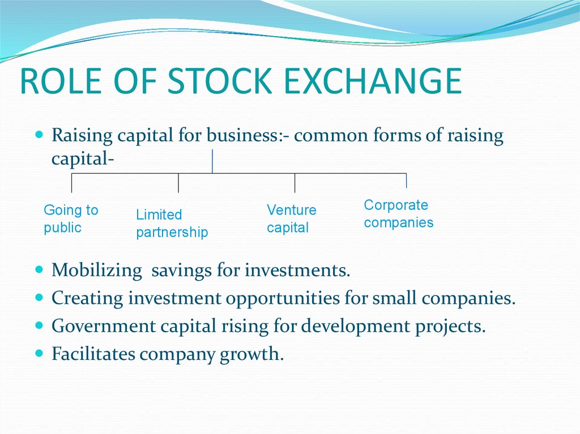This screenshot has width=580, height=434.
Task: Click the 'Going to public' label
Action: click(x=71, y=219)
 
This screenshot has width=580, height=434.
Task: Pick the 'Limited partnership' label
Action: click(x=172, y=224)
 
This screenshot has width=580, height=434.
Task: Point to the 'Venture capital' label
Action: click(x=292, y=219)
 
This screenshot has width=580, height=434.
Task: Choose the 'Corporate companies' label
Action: click(x=398, y=214)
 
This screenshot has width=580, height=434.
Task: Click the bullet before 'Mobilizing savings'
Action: click(x=39, y=269)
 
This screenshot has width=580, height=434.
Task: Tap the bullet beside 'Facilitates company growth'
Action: click(x=39, y=353)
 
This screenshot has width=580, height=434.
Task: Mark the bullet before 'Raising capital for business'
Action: click(x=39, y=134)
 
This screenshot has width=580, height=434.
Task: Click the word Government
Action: click(x=104, y=326)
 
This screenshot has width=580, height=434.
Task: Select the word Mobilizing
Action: click(x=96, y=270)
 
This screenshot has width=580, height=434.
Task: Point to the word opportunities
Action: click(x=282, y=299)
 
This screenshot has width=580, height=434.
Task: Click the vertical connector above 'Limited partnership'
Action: click(x=178, y=183)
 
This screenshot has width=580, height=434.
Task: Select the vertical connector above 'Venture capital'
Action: click(x=295, y=183)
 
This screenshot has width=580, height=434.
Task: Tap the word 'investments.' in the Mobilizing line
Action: click(x=297, y=270)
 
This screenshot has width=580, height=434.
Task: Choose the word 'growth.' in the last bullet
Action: click(x=251, y=354)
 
